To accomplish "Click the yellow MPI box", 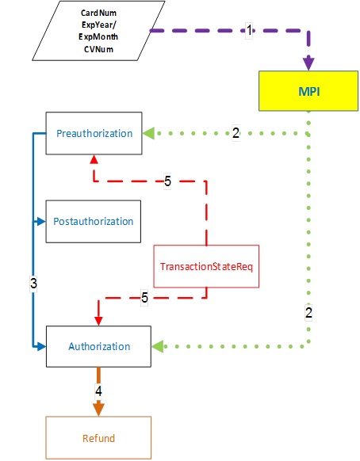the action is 308,91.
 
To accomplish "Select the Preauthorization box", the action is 94,133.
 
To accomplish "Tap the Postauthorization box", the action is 94,221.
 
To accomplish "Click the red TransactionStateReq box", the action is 206,266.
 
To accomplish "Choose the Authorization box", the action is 98,346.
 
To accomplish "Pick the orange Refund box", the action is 98,438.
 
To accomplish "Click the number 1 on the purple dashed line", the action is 249,30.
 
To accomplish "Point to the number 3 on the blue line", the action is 33,283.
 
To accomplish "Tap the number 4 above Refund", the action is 98,391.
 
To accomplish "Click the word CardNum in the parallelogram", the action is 98,13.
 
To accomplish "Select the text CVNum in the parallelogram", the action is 98,49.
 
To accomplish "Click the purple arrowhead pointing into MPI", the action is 308,63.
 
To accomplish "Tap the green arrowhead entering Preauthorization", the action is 149,133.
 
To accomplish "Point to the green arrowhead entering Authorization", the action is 158,346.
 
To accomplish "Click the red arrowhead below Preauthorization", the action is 94,159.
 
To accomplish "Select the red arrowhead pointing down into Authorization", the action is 98,321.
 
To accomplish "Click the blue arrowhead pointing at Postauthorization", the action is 41,221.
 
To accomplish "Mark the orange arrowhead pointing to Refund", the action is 98,410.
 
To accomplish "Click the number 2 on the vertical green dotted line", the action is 308,312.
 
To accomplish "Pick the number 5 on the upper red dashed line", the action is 167,181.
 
